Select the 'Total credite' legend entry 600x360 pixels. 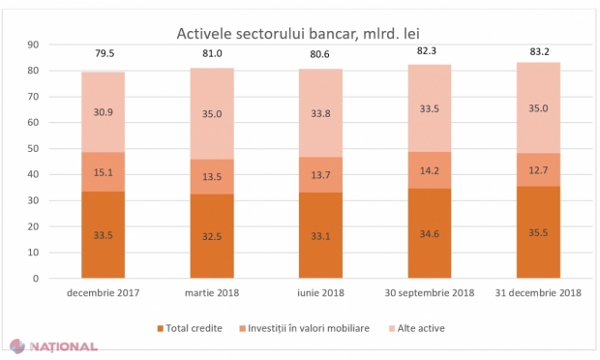(195, 328)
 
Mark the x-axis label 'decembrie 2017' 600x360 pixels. (103, 291)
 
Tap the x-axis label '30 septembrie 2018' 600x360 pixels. (429, 291)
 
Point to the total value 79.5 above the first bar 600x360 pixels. (103, 54)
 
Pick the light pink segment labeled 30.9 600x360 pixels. (103, 112)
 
